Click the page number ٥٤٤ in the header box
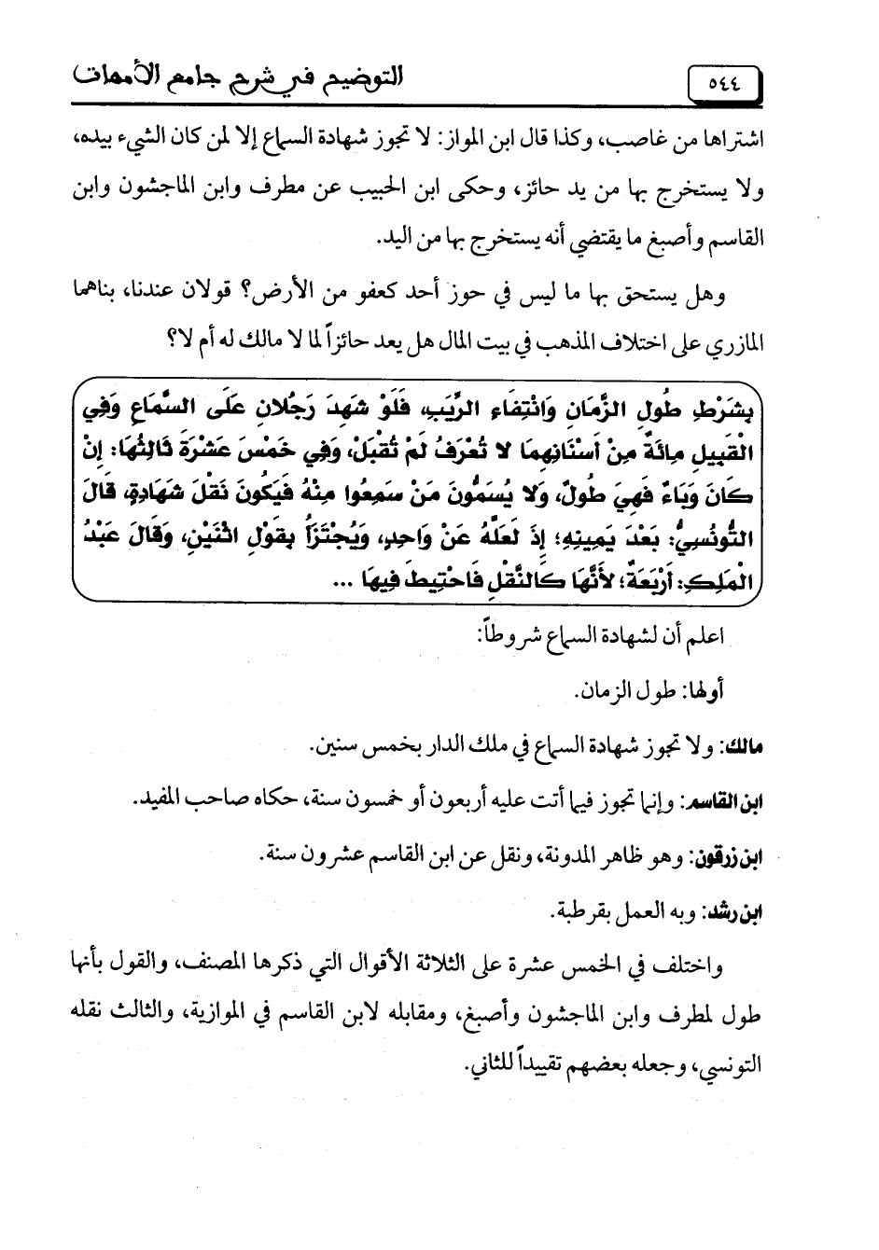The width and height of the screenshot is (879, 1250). point(723,83)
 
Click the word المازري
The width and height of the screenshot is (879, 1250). point(736,343)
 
